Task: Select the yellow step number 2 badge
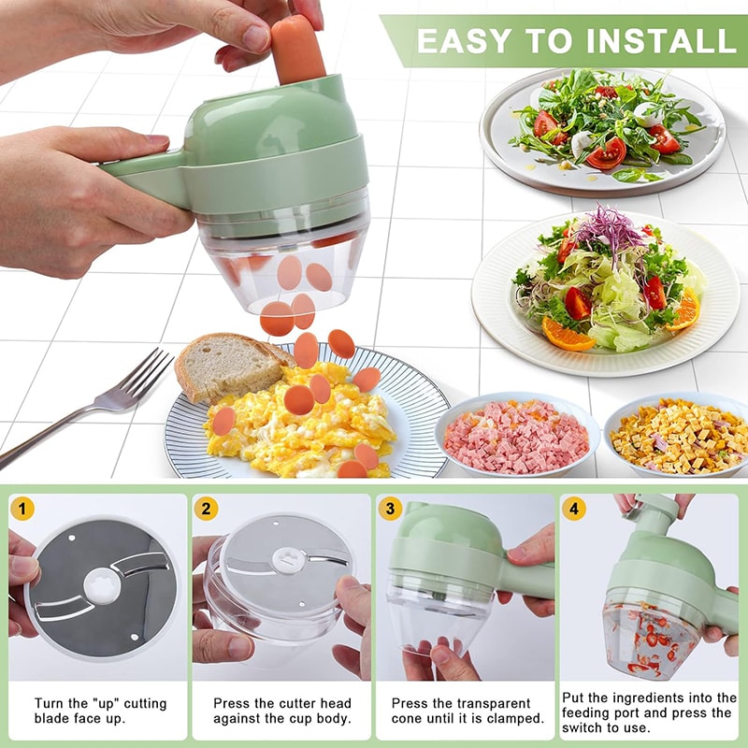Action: tap(208, 510)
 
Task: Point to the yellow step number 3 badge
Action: tap(392, 510)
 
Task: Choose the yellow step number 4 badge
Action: tap(575, 510)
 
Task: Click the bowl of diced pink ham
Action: tap(516, 436)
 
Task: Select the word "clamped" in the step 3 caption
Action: tap(514, 719)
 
